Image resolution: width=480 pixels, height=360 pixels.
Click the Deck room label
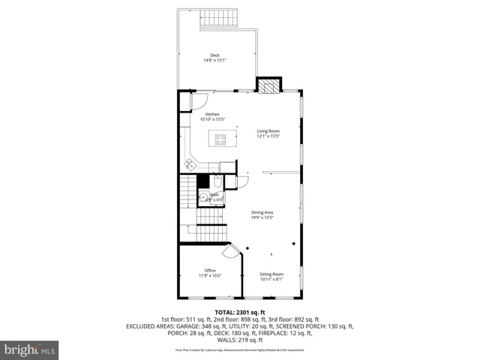coord(214,55)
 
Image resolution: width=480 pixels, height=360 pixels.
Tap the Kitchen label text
coord(212,114)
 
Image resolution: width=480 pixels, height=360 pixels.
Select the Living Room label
coord(268,131)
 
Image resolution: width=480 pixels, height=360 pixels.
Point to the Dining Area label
coord(262,212)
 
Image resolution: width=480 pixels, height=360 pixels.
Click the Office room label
coord(210,270)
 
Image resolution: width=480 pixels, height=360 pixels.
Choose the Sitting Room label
coord(271,274)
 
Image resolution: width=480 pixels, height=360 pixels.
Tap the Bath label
coord(214,195)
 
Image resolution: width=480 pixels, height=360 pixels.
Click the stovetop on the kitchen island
coord(221,138)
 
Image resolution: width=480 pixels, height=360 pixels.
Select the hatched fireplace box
coord(268,85)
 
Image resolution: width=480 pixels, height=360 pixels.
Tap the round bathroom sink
coord(202,198)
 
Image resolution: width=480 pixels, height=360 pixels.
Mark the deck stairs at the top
coord(218,19)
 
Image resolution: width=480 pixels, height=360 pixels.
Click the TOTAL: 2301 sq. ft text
coord(240,312)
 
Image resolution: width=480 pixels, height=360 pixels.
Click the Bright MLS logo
coord(30,349)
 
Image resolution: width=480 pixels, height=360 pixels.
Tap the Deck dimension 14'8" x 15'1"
coord(214,60)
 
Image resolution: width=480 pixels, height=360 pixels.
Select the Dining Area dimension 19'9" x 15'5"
coord(262,217)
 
